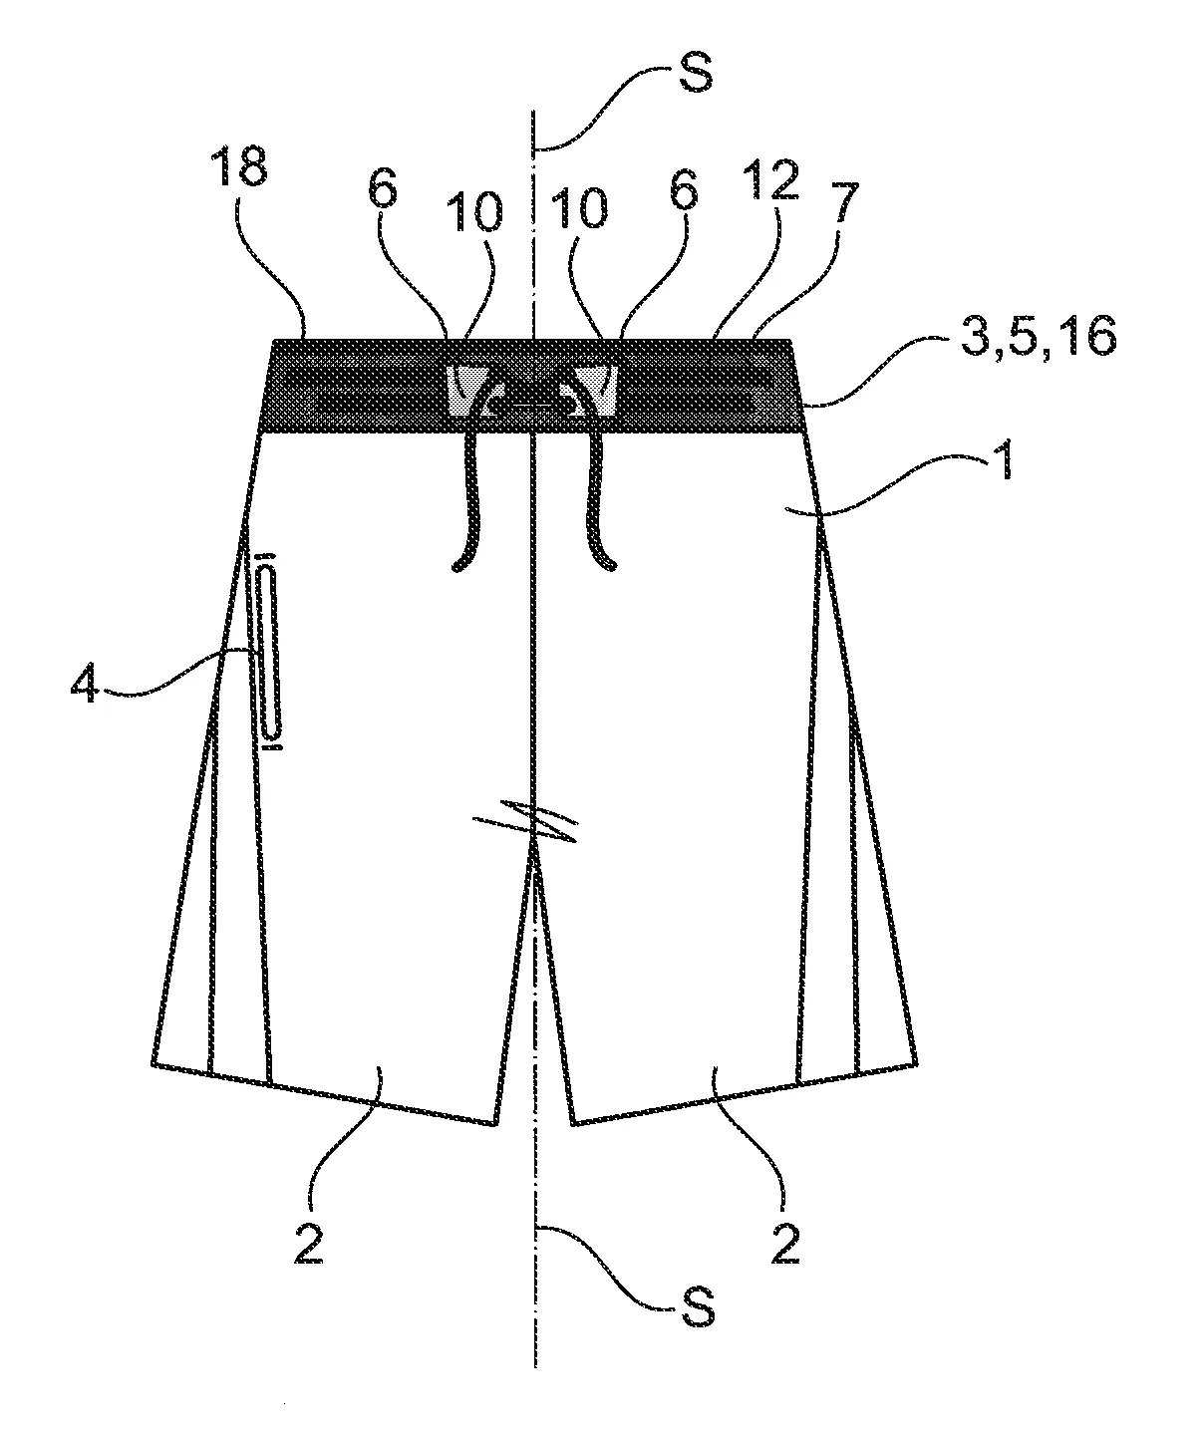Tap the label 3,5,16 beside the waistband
[x=1038, y=338]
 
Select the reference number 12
[x=773, y=180]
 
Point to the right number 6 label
[x=683, y=188]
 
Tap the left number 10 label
[x=474, y=210]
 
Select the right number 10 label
[x=580, y=207]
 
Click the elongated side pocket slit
[x=268, y=650]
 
